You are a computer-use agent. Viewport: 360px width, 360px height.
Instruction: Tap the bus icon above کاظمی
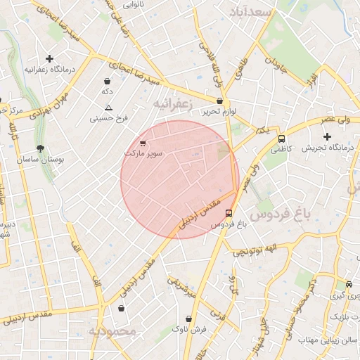pos(281,139)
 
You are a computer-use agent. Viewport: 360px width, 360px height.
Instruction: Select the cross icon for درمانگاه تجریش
pos(326,136)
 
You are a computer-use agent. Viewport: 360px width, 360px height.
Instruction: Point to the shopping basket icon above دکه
pos(107,81)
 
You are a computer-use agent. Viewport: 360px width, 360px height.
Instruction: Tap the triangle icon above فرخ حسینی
pos(108,108)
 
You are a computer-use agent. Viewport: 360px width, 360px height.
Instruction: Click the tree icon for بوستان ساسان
pos(40,148)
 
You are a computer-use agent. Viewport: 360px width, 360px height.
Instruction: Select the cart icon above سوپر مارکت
pos(143,143)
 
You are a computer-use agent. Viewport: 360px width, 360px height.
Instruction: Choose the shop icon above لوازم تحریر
pos(220,101)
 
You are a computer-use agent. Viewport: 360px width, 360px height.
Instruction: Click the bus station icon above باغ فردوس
pos(229,213)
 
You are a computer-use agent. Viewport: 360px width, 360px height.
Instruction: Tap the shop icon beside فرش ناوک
pos(188,319)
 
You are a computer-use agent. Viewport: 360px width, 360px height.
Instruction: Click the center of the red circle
pos(179,179)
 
